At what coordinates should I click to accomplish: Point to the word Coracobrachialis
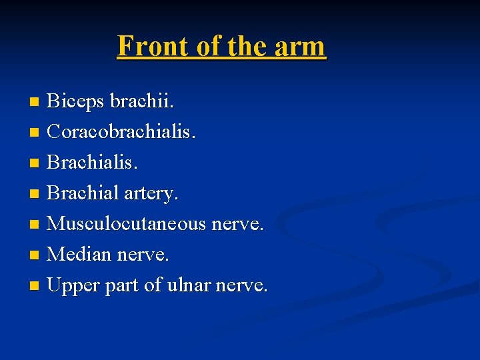121,132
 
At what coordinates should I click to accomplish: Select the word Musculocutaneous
127,224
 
